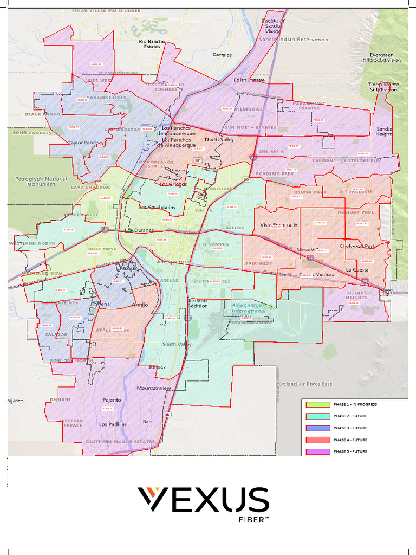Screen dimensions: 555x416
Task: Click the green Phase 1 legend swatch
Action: [x=317, y=404]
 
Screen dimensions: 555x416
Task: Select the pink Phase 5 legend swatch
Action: [x=317, y=451]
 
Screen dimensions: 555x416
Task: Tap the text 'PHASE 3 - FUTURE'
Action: [x=350, y=428]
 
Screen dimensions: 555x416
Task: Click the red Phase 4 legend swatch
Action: [x=317, y=440]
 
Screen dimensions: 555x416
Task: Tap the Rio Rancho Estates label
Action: [x=152, y=44]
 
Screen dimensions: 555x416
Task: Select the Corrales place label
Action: [x=222, y=55]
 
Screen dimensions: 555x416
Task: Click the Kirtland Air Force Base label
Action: [x=304, y=384]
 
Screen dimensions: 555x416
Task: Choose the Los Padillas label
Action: [x=113, y=424]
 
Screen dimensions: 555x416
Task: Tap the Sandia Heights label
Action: [x=385, y=131]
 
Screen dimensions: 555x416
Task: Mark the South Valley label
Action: [x=177, y=344]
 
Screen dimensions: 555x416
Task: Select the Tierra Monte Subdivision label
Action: [x=383, y=87]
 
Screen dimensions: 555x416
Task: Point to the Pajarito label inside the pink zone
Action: [x=112, y=400]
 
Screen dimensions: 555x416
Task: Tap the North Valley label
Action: [x=218, y=140]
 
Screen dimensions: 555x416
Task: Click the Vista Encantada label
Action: [x=279, y=225]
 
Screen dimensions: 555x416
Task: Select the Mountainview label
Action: [x=154, y=388]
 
